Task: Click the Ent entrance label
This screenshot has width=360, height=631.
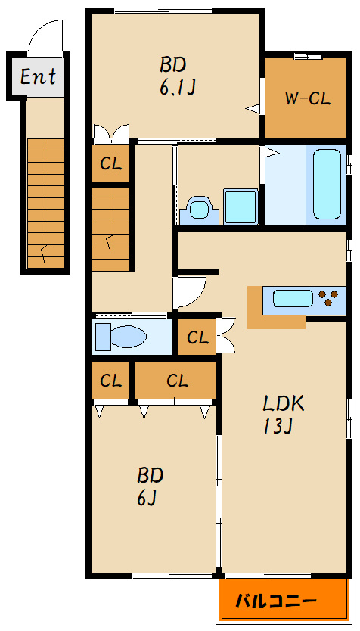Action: coord(38,76)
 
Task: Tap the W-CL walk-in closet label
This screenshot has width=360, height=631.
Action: coord(308,98)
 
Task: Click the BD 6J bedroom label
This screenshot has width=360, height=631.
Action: coord(150,487)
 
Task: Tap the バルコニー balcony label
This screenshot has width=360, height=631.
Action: coord(275,601)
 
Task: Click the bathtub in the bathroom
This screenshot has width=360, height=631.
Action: coord(327,184)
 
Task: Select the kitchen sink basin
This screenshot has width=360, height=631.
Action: coord(293,299)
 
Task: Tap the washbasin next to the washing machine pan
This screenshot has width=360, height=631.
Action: coord(199,210)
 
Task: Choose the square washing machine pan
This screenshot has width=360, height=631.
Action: coord(241,207)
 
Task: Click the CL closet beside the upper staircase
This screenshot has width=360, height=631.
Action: coord(110,163)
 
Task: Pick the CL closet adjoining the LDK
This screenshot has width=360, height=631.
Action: coord(197,337)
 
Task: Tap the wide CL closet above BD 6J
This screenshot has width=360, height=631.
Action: coord(175,381)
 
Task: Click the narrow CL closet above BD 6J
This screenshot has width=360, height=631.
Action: coord(110,381)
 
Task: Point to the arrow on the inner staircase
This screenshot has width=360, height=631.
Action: coord(110,243)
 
